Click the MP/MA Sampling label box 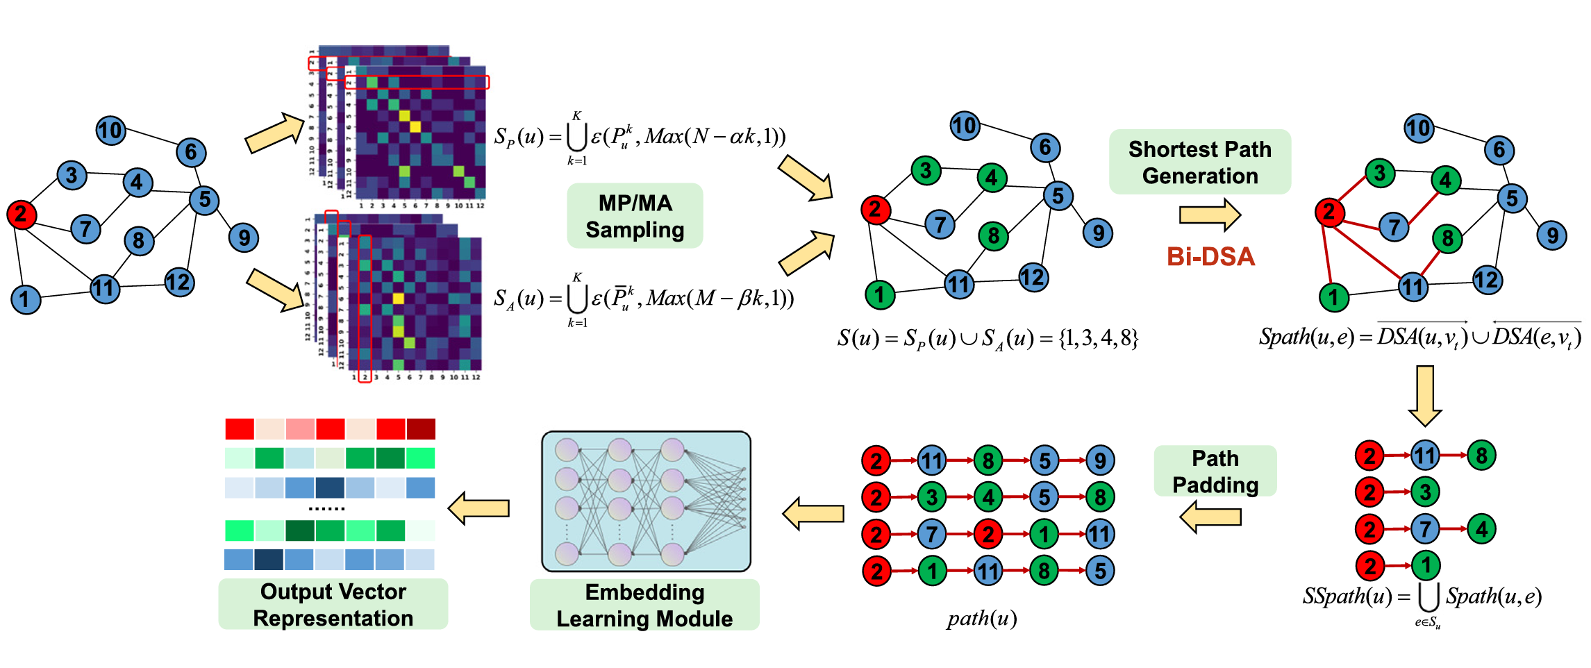coord(635,216)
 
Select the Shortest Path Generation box coord(1199,162)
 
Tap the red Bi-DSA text coord(1210,257)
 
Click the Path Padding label coord(1215,471)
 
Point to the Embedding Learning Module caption coord(644,606)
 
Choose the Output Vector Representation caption coord(333,605)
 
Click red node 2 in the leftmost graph coord(21,214)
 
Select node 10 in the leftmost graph coord(110,131)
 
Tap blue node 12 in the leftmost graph coord(179,282)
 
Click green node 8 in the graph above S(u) coord(993,236)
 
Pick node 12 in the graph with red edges coord(1487,280)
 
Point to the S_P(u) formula coord(639,137)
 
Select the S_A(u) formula coord(643,299)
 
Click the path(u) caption coord(982,618)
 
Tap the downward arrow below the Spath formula coord(1425,396)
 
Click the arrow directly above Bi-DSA coord(1210,215)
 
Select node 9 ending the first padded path coord(1100,460)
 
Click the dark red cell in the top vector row coord(421,429)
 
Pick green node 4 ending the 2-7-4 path coord(1481,529)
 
